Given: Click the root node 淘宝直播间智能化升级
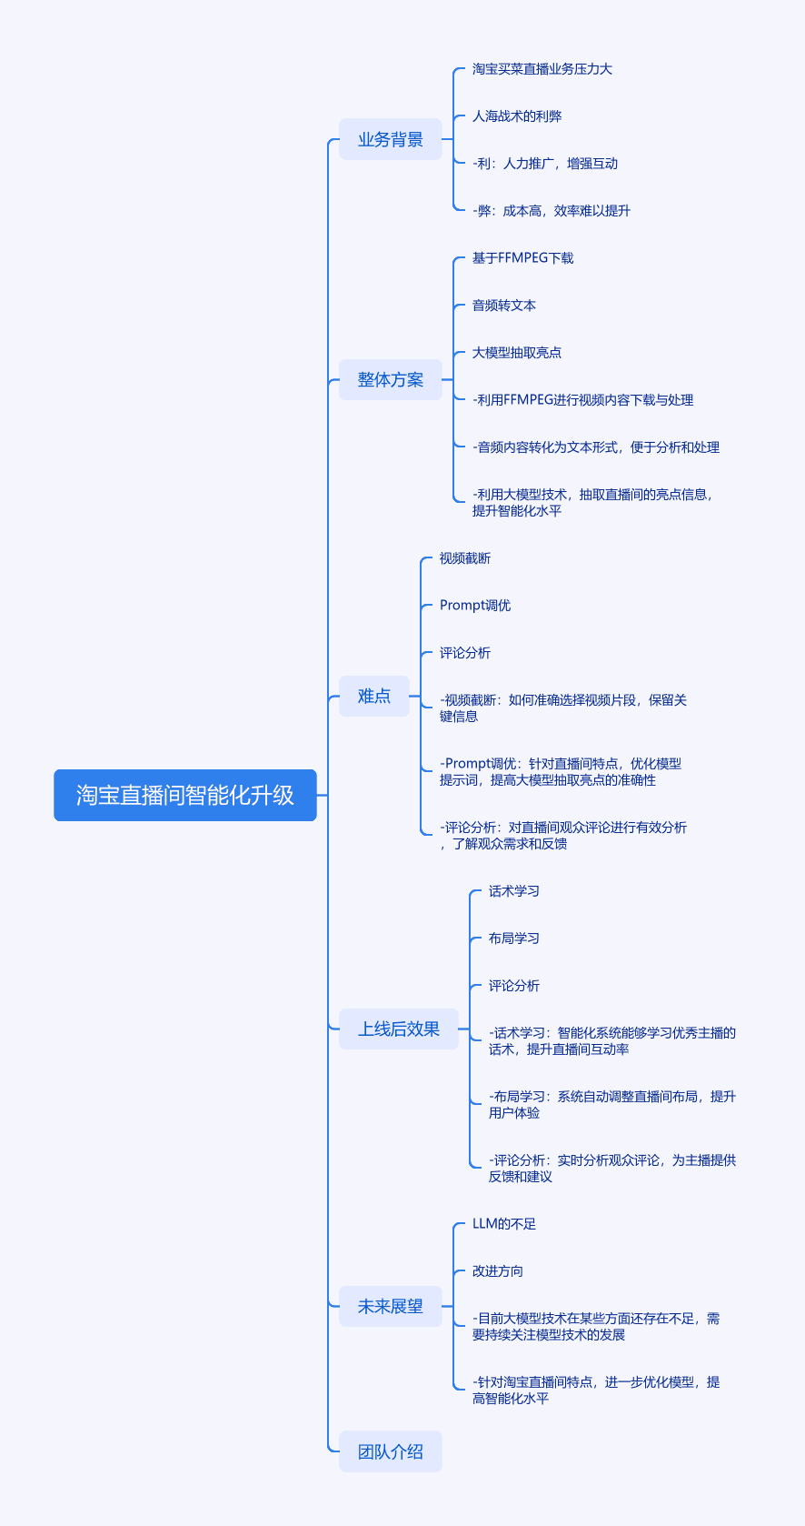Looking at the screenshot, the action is pos(185,795).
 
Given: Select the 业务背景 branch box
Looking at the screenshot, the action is pos(391,140).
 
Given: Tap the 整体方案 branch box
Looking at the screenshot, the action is pos(391,379).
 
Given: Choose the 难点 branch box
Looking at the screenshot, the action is pos(374,697).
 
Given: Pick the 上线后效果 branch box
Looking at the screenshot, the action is pos(399,1029).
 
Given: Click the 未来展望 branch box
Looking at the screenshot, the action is pos(391,1306).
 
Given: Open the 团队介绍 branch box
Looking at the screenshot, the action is pos(391,1451).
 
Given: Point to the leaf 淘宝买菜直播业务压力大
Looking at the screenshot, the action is pos(542,69).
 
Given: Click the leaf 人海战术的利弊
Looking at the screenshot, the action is pos(517,116).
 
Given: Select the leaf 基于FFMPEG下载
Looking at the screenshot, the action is pos(522,258).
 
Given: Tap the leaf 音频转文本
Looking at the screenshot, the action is pos(504,306).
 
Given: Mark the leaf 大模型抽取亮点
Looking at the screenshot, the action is pos(517,353).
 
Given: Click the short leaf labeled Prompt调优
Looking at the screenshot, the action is pos(475,606).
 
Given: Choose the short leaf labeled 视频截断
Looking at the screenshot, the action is pos(465,558).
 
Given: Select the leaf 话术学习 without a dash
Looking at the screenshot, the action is pos(513,891).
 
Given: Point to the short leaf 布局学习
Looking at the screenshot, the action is pos(513,939).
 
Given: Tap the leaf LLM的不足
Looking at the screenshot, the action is pos(504,1224).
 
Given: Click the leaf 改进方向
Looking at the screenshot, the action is pos(497,1271).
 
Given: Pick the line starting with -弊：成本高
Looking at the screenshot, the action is pos(552,211).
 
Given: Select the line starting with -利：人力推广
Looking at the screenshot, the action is pos(545,164).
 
